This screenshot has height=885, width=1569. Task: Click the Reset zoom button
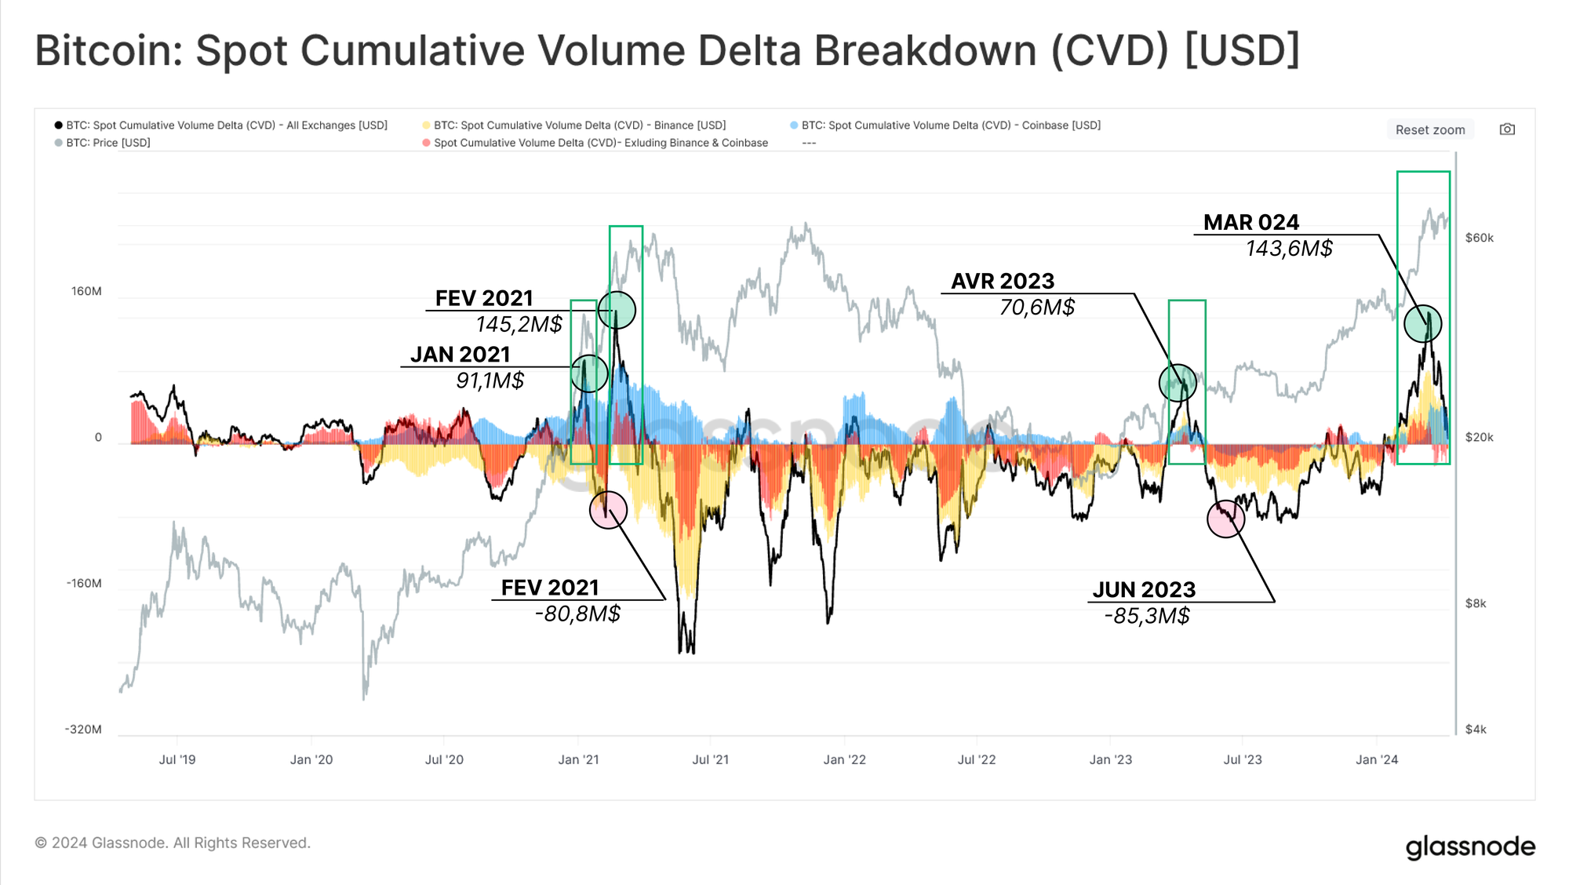1429,130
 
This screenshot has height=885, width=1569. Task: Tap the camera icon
1507,129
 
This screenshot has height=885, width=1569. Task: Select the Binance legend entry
579,126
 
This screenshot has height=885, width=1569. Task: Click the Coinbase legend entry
950,126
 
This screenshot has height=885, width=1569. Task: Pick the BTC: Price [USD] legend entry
107,143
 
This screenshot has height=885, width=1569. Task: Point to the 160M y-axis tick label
86,292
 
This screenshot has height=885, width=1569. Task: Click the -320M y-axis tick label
83,730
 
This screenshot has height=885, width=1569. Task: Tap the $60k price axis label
1479,239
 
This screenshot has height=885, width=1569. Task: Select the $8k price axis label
1476,604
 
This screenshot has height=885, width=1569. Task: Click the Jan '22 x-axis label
844,760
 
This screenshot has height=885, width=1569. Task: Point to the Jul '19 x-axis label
177,760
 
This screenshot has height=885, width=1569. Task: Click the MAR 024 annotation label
1251,223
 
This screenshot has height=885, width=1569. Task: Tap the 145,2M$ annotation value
519,325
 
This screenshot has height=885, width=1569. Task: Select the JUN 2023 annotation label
1144,590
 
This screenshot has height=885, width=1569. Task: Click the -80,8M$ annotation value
577,614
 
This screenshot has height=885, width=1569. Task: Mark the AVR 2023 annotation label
1003,282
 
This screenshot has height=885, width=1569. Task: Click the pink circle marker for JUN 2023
1225,519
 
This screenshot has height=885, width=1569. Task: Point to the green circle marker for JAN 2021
589,373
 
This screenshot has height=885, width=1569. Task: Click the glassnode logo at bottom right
1470,847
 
